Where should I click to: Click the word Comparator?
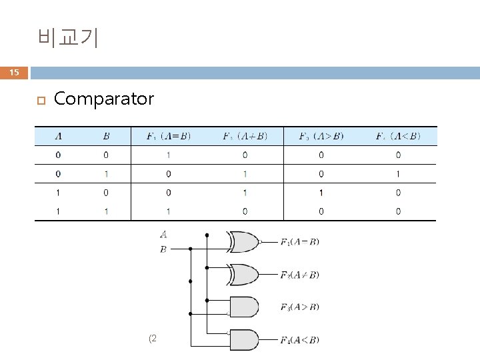(x=103, y=99)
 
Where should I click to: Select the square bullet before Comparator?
(x=41, y=101)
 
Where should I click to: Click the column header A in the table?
(x=59, y=137)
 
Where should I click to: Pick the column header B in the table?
(x=107, y=137)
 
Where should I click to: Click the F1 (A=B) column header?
(x=168, y=137)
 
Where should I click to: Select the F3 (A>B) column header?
(x=321, y=137)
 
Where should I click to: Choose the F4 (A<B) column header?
(x=397, y=137)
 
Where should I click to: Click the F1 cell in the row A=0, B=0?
(x=168, y=155)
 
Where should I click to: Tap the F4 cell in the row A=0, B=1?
(x=397, y=174)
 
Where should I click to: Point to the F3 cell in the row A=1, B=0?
(x=321, y=193)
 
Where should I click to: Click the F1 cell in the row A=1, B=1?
(x=168, y=211)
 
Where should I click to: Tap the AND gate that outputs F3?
(x=243, y=307)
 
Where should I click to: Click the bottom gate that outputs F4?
(x=243, y=340)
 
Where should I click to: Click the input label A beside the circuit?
(x=163, y=234)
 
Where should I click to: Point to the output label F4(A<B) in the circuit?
(x=299, y=340)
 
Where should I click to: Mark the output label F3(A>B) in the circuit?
(x=299, y=307)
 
